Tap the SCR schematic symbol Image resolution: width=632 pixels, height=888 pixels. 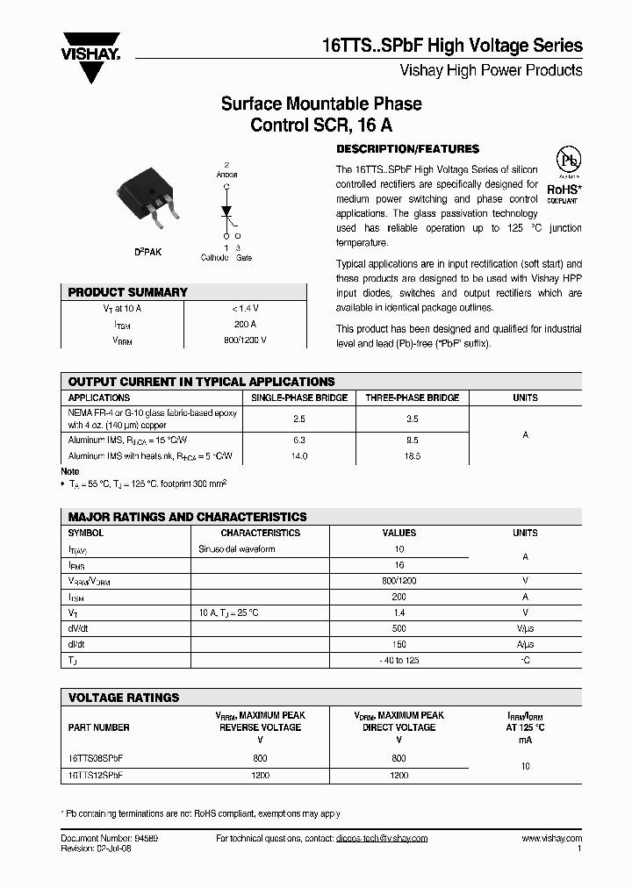(x=226, y=211)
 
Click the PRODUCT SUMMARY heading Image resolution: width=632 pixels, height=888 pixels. (x=127, y=292)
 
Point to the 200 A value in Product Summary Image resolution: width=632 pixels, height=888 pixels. (x=245, y=324)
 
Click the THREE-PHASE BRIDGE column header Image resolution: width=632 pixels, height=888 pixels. (x=412, y=397)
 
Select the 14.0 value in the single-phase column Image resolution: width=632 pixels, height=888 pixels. (x=299, y=456)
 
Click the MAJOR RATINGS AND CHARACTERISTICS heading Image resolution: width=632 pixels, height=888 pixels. (x=187, y=517)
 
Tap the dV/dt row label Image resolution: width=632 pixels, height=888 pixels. (x=80, y=628)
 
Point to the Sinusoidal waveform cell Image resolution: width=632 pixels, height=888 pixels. (x=237, y=549)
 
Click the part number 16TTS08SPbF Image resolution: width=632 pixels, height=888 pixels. (x=97, y=757)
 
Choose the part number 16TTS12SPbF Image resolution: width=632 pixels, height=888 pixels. (x=97, y=776)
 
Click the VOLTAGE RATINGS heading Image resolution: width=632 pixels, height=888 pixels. (x=123, y=698)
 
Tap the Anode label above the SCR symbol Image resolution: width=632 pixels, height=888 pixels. (x=226, y=174)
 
